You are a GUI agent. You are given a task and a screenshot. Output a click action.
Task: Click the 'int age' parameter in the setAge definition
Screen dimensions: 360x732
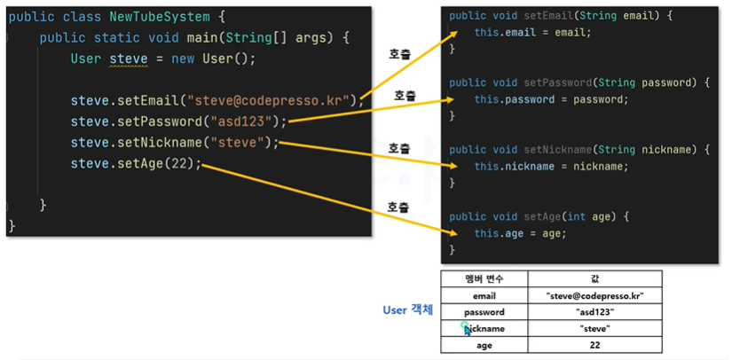point(594,216)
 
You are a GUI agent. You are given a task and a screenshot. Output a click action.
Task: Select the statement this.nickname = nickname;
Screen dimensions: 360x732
point(550,167)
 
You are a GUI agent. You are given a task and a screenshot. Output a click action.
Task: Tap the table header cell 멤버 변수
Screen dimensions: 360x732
point(484,278)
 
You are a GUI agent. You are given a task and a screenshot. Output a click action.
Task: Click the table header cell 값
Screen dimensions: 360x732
point(594,278)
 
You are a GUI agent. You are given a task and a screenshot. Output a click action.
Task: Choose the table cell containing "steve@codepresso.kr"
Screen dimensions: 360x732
point(594,295)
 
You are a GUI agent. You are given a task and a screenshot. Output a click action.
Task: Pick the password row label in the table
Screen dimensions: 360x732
point(484,311)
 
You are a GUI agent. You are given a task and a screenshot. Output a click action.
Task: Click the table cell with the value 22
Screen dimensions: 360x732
point(594,345)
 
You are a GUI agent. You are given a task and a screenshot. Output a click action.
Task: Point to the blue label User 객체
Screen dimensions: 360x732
point(407,310)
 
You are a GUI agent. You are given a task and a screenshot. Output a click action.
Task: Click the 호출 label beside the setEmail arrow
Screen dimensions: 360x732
point(399,53)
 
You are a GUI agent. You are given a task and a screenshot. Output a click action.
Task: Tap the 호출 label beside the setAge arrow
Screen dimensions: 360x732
point(397,207)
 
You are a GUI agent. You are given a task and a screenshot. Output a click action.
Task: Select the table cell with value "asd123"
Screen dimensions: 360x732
point(594,311)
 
